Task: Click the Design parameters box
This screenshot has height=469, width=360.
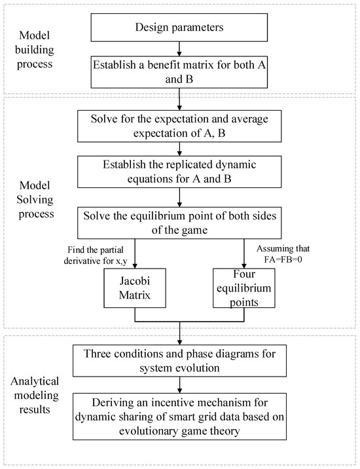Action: tap(179, 28)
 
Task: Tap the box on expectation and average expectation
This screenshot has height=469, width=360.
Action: tap(179, 126)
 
